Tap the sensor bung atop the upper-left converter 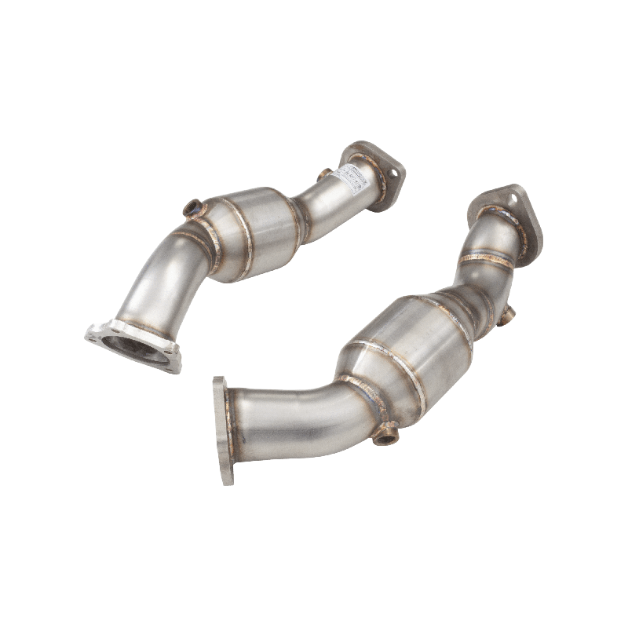point(192,210)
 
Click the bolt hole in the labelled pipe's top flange point(388,167)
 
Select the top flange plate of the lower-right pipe point(510,212)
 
